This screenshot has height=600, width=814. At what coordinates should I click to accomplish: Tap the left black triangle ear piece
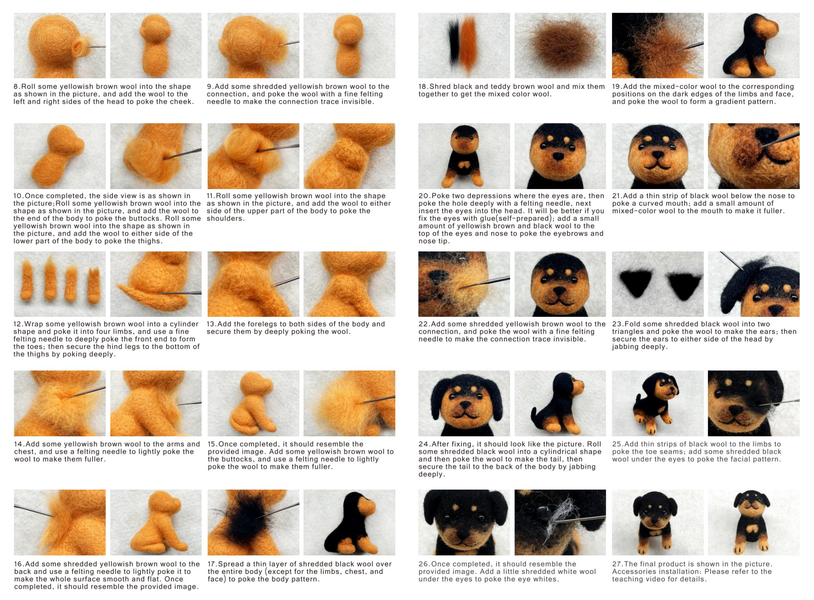pos(636,283)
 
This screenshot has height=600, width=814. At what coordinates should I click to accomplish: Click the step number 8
pos(16,86)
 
